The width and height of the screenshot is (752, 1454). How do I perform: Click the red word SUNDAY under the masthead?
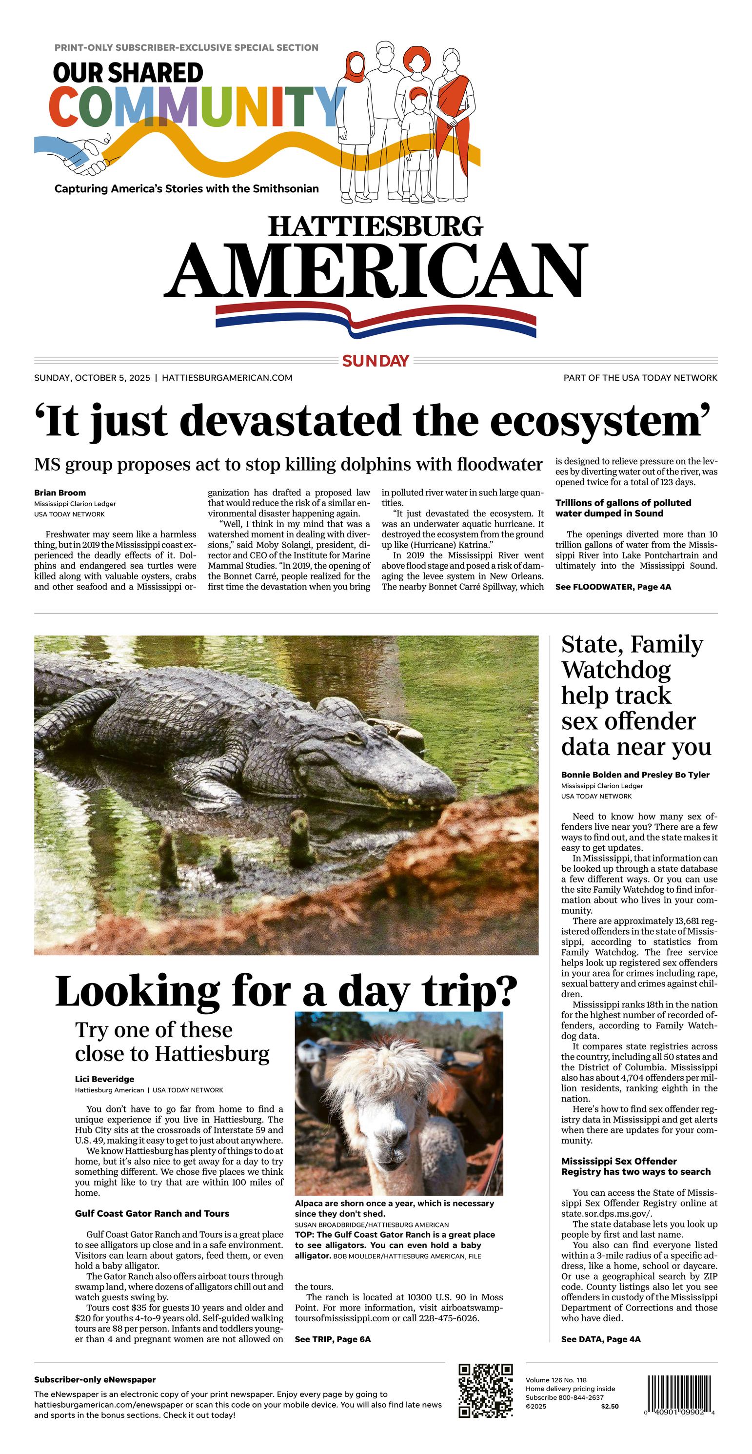click(375, 361)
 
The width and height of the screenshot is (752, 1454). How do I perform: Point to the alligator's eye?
click(353, 737)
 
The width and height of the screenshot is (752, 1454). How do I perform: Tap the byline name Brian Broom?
click(60, 493)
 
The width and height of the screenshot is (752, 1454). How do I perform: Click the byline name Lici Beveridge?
click(104, 1079)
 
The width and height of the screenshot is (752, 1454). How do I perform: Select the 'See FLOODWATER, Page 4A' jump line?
click(613, 587)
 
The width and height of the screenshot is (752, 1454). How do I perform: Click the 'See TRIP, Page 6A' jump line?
click(332, 1339)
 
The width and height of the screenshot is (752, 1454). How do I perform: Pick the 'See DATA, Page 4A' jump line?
click(600, 1339)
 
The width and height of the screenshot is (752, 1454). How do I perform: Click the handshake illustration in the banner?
click(85, 155)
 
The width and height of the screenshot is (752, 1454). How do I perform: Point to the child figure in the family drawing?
click(417, 141)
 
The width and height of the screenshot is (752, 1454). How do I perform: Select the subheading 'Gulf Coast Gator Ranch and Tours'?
click(152, 1213)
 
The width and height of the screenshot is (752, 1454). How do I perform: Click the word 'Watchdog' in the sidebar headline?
click(616, 670)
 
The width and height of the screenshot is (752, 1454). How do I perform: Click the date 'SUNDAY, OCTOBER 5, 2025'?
click(92, 378)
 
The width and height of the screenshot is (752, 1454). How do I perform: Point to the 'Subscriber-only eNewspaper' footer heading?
click(95, 1379)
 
